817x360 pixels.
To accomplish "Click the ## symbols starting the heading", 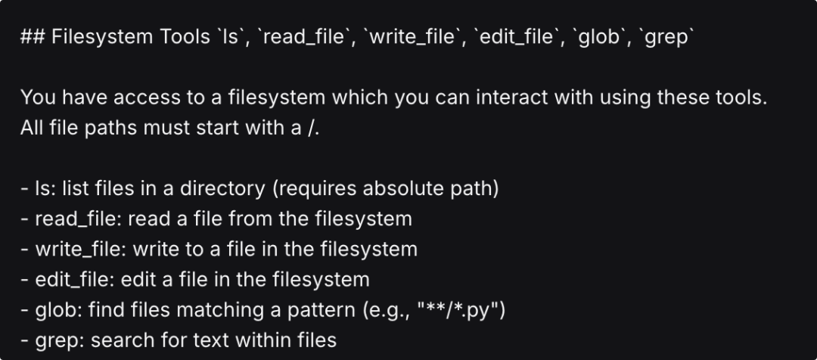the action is coord(33,38).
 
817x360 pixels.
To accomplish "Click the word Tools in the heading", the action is coord(179,38).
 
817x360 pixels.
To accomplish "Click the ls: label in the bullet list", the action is coord(44,188).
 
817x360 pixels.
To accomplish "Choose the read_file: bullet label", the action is coord(76,219).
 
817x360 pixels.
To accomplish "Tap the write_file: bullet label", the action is coord(79,249).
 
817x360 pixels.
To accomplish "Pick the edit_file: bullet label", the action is coord(73,279).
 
